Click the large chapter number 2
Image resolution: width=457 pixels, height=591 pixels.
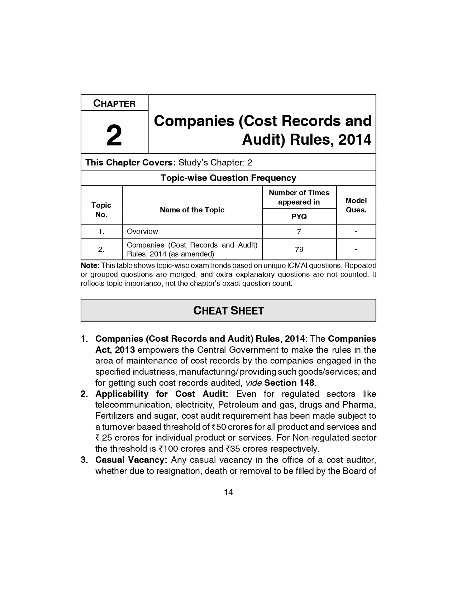(x=114, y=136)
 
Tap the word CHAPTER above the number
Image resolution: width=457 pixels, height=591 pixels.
(x=114, y=104)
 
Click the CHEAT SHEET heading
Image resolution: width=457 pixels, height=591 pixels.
(x=228, y=311)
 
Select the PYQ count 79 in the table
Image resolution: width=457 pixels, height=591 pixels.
(x=299, y=249)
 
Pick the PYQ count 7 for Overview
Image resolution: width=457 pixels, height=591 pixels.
(x=299, y=231)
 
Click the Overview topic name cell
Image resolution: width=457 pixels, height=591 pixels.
(x=142, y=231)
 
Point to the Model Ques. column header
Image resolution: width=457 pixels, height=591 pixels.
(x=356, y=205)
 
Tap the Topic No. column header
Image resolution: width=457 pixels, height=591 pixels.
(x=101, y=210)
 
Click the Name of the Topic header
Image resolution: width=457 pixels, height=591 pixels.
(x=192, y=210)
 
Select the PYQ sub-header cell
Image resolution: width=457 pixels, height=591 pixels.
(x=299, y=217)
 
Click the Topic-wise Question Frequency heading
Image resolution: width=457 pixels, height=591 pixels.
(x=228, y=178)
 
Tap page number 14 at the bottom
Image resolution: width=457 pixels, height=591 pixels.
(x=228, y=492)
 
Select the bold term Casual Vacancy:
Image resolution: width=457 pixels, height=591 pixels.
(x=131, y=460)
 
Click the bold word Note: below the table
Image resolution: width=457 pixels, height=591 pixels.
(x=90, y=265)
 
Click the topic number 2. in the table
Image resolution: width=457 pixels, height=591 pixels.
(x=101, y=249)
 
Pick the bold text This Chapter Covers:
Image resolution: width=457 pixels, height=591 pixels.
(x=130, y=163)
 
